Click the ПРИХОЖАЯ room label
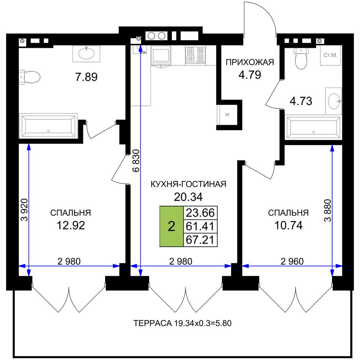pos(250,62)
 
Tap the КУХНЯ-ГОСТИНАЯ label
pos(189,184)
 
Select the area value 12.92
pos(71,225)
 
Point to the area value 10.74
pos(288,225)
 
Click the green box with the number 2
pos(171,226)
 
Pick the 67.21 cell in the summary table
pos(200,240)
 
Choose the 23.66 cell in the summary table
pos(200,213)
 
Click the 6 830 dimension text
pos(136,161)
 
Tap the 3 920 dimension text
pos(24,210)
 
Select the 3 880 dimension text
pos(328,210)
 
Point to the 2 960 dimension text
pos(292,261)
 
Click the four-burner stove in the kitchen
pos(195,55)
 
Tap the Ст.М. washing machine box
pos(330,55)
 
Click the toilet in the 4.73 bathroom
pos(301,59)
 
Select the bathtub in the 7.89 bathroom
pos(48,126)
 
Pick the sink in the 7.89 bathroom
pos(86,54)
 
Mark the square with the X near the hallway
pos(227,114)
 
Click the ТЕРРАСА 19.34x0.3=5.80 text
pos(182,323)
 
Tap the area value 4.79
pos(250,75)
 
